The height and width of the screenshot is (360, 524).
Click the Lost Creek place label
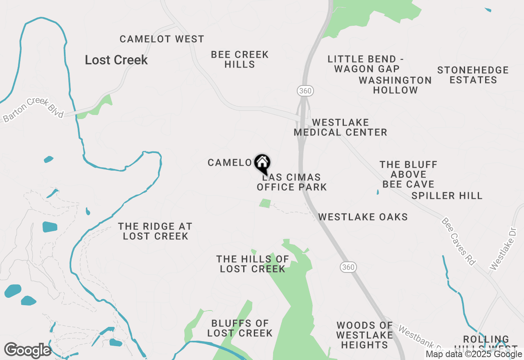tap(116, 60)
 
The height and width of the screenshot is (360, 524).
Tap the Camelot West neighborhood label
tap(162, 39)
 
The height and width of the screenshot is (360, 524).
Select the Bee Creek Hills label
tap(240, 59)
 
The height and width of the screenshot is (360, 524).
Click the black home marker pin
tap(262, 163)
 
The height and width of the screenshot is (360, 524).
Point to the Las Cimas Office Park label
tap(291, 182)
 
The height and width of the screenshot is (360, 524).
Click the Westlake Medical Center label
tap(341, 127)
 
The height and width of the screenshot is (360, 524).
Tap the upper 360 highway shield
tap(305, 91)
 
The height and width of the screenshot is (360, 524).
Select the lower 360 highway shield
tap(348, 267)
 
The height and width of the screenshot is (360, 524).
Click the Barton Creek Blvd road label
tap(33, 110)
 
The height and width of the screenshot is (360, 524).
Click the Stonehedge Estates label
tap(473, 75)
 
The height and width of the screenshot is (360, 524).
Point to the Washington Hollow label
tap(395, 85)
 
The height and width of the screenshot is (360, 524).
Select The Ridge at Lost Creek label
tap(155, 231)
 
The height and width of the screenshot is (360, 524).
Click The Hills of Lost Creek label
tap(253, 264)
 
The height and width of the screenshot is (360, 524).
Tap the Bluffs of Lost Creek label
tap(240, 328)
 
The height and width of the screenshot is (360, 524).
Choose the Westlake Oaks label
tap(363, 217)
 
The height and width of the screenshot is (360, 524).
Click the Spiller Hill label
tap(447, 196)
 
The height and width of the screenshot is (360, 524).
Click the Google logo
tap(28, 351)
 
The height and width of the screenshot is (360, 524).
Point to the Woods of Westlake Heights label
tap(365, 335)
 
